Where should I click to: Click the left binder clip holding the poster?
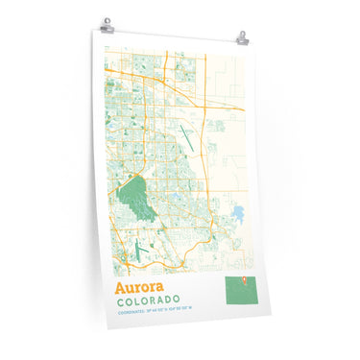[106, 22]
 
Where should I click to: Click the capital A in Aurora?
[120, 287]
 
